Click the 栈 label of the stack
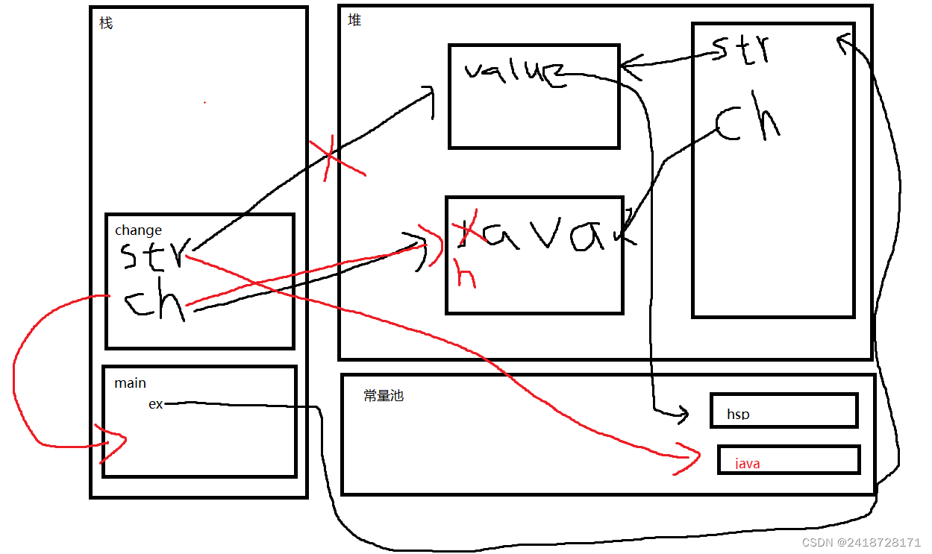[x=106, y=23]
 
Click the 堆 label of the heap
[x=354, y=20]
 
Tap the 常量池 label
[x=384, y=396]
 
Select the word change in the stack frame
[x=138, y=230]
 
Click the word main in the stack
[x=130, y=383]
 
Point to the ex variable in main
[x=156, y=404]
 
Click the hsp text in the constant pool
[x=738, y=415]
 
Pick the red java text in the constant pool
[x=747, y=464]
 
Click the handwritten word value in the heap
[x=514, y=73]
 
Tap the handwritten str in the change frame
[x=152, y=255]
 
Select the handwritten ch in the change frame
[x=154, y=303]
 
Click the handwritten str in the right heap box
[x=741, y=49]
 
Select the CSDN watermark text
[x=860, y=543]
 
